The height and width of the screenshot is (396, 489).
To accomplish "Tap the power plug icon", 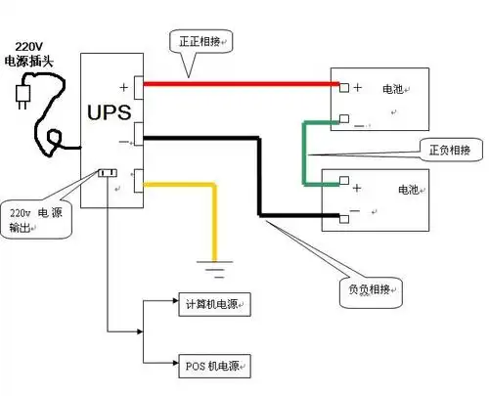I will [x=22, y=95].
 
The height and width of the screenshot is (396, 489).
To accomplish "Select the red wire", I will [x=235, y=85].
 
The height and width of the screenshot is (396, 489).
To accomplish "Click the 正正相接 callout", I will [x=204, y=42].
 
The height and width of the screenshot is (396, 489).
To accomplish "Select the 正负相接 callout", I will [x=449, y=151].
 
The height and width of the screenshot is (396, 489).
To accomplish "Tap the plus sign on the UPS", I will [x=124, y=86].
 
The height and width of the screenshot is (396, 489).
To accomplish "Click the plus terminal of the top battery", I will [x=344, y=87].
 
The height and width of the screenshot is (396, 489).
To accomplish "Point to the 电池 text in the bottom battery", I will [x=409, y=188].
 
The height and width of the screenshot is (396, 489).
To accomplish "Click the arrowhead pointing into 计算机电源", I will [x=172, y=303].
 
